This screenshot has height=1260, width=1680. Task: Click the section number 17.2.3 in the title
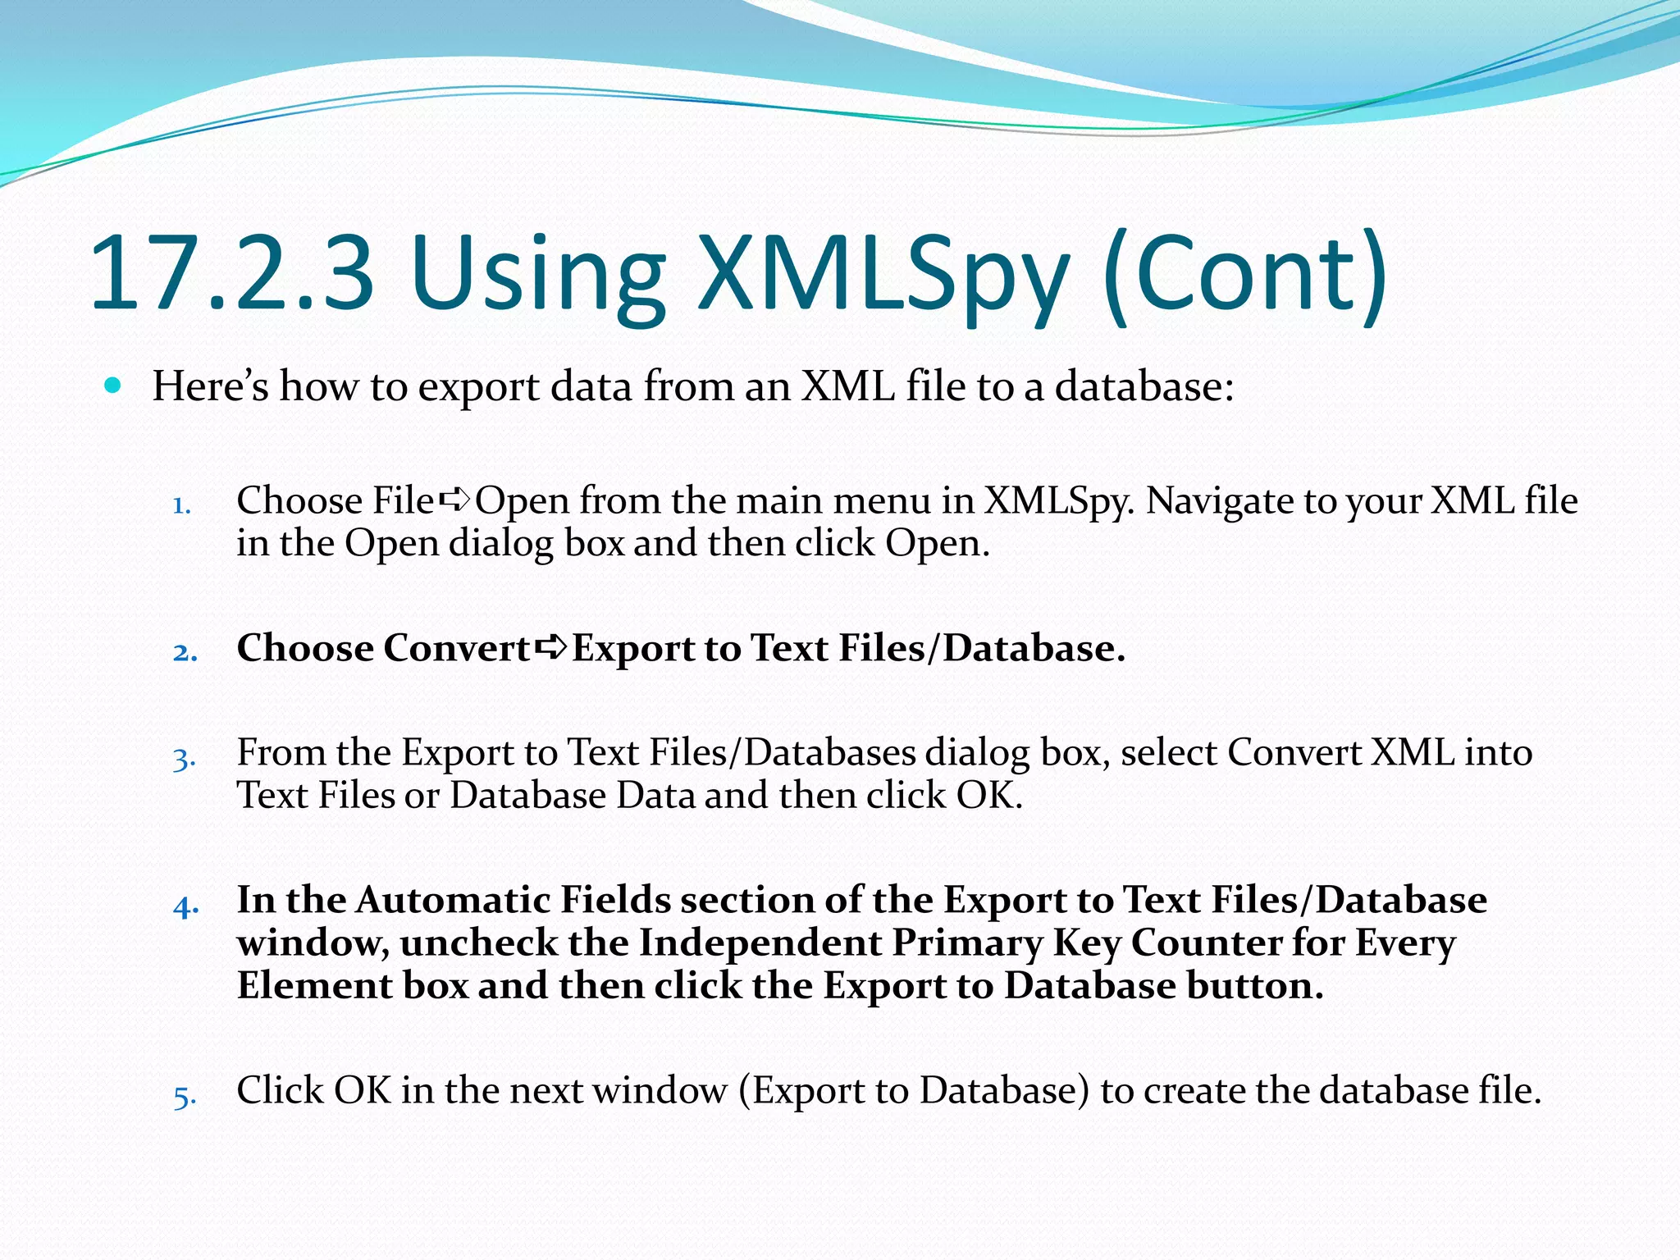tap(232, 273)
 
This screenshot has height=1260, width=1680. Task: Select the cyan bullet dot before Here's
tap(113, 385)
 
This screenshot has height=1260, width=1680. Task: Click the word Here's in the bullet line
tap(210, 386)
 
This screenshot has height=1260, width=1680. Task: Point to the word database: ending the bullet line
tap(1144, 386)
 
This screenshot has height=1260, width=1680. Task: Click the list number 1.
tap(181, 505)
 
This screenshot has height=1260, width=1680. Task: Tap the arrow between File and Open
tap(454, 499)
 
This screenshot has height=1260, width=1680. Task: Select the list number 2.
tap(185, 653)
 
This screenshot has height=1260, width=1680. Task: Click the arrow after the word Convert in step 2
tap(550, 648)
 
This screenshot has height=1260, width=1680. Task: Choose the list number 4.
tap(186, 906)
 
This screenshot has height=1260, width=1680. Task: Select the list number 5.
tap(185, 1096)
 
